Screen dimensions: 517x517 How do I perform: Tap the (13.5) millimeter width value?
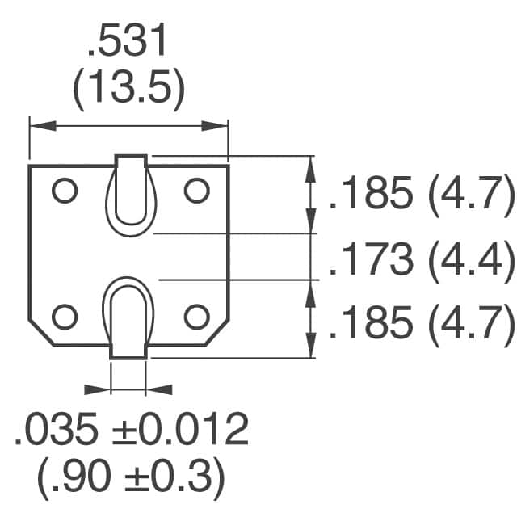[x=129, y=92]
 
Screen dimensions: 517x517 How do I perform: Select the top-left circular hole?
[x=64, y=191]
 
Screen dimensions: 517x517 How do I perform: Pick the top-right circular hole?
[x=196, y=191]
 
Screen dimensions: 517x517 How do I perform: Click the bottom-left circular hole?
[x=64, y=315]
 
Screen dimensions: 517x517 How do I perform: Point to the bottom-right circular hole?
[x=196, y=315]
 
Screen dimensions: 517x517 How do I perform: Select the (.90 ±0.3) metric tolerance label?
[x=129, y=478]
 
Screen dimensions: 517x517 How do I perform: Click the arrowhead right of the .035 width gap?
[x=157, y=389]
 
